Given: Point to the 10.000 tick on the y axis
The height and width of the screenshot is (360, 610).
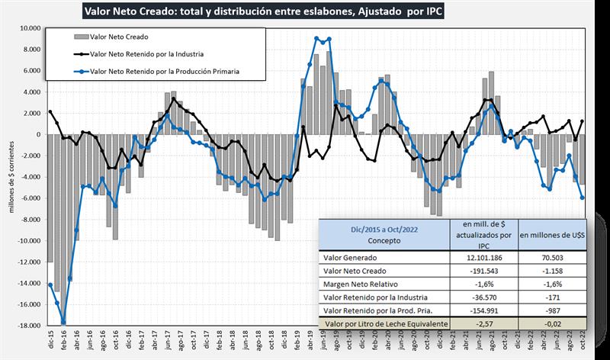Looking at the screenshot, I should tap(30, 28).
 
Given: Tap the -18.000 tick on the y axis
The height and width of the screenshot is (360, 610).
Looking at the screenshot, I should tap(29, 326).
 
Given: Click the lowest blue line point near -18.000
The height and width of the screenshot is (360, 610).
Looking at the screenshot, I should tap(63, 323).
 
